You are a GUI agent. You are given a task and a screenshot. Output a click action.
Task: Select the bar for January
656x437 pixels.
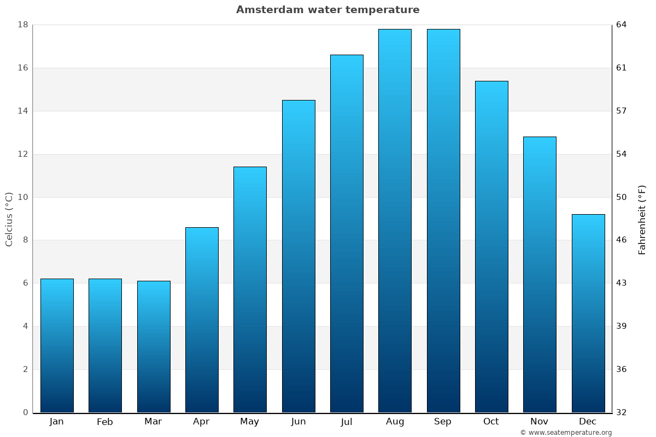57,345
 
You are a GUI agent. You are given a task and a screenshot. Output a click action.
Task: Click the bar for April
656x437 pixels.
202,320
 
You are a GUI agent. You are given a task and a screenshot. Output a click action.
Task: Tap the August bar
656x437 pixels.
395,221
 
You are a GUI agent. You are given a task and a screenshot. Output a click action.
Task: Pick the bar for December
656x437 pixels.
588,313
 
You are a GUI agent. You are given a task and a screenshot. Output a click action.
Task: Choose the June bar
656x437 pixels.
298,256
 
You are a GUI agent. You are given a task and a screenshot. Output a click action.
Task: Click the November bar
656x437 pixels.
540,274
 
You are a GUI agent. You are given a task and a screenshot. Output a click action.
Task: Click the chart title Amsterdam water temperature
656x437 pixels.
328,10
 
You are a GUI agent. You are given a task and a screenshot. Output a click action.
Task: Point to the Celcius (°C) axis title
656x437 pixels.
9,219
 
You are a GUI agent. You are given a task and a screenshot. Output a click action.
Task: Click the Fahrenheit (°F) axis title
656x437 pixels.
642,219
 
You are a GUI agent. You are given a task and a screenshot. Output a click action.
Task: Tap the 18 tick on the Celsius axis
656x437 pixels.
23,25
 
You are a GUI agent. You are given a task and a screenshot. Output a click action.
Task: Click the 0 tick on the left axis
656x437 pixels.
25,412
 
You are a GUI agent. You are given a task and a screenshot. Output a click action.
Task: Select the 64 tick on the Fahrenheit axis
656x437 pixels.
622,25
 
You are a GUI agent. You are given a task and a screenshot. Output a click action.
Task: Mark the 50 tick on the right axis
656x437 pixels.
622,197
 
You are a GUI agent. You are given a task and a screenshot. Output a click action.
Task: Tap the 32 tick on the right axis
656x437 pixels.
622,412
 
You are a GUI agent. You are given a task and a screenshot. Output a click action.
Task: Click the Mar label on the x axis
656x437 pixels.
153,422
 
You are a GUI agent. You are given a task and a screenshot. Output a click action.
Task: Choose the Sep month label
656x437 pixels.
443,422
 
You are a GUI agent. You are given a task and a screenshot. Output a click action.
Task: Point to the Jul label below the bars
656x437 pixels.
347,422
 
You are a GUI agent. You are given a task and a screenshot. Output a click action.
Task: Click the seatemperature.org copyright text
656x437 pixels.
566,433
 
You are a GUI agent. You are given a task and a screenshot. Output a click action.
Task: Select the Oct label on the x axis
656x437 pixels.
491,422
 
